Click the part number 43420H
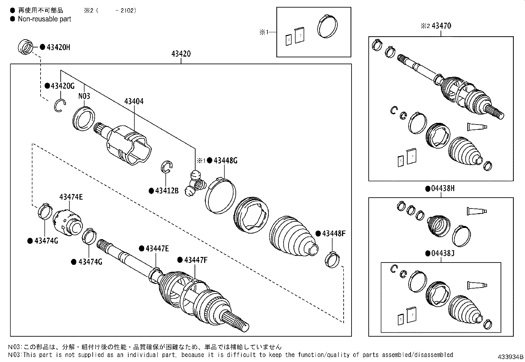click(58, 47)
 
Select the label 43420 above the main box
click(181, 54)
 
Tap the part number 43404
click(134, 101)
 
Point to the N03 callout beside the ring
click(84, 96)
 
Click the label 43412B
click(167, 191)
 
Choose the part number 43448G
click(226, 161)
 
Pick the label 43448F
click(334, 234)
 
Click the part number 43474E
click(71, 197)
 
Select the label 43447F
click(196, 260)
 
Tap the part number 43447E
click(157, 249)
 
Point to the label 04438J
click(443, 253)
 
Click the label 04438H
click(443, 188)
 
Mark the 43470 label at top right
click(441, 26)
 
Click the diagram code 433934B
click(510, 357)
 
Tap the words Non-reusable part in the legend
click(45, 19)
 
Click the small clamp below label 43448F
click(332, 260)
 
